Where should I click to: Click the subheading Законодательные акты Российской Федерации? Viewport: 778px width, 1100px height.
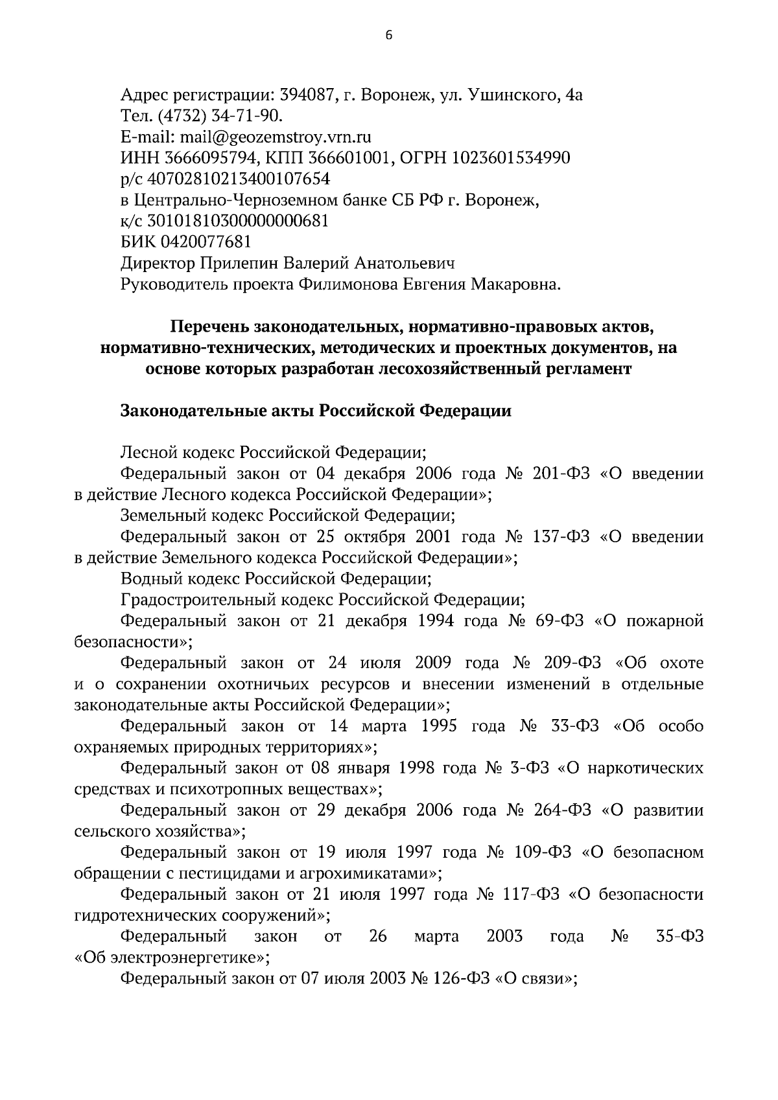click(316, 411)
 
